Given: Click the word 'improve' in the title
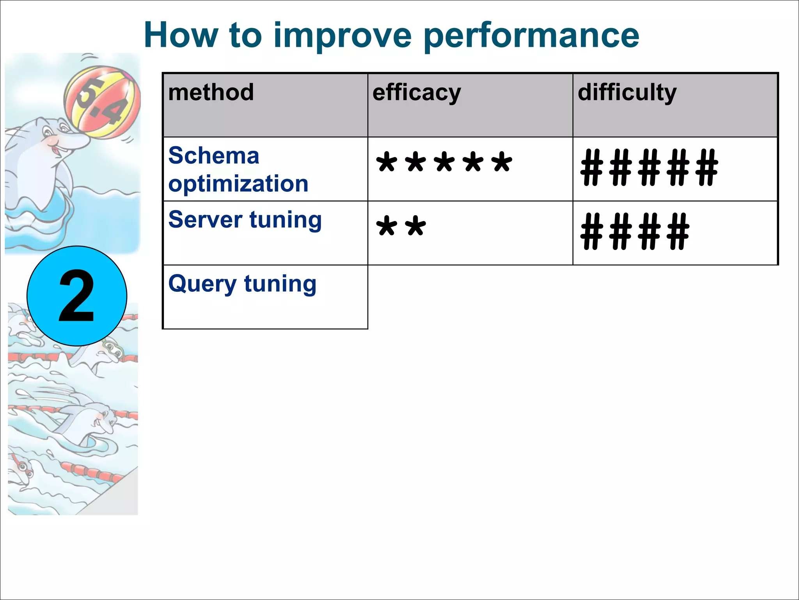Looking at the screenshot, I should point(343,36).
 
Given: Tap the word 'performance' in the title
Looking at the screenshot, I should point(531,36).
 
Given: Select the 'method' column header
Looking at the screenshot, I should point(211,93).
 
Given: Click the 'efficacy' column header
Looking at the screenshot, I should point(417,93).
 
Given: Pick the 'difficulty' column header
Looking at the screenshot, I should point(627,93).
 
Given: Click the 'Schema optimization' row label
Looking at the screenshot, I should point(238,170).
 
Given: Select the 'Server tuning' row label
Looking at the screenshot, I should point(245,220).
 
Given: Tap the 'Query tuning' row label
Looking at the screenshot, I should point(242,284).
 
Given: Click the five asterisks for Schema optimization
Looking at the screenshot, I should point(444,163).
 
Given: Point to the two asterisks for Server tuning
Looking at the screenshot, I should point(401,227).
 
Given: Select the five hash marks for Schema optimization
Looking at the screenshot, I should point(649,168).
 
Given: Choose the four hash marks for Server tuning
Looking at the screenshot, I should point(635,231).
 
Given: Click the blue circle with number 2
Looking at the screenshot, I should point(77,296).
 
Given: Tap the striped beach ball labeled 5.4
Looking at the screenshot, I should point(102,102).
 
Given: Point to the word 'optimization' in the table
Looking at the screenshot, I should point(238,184).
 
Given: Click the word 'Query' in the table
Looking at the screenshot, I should point(202,284).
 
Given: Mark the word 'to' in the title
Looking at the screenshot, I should point(245,36).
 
